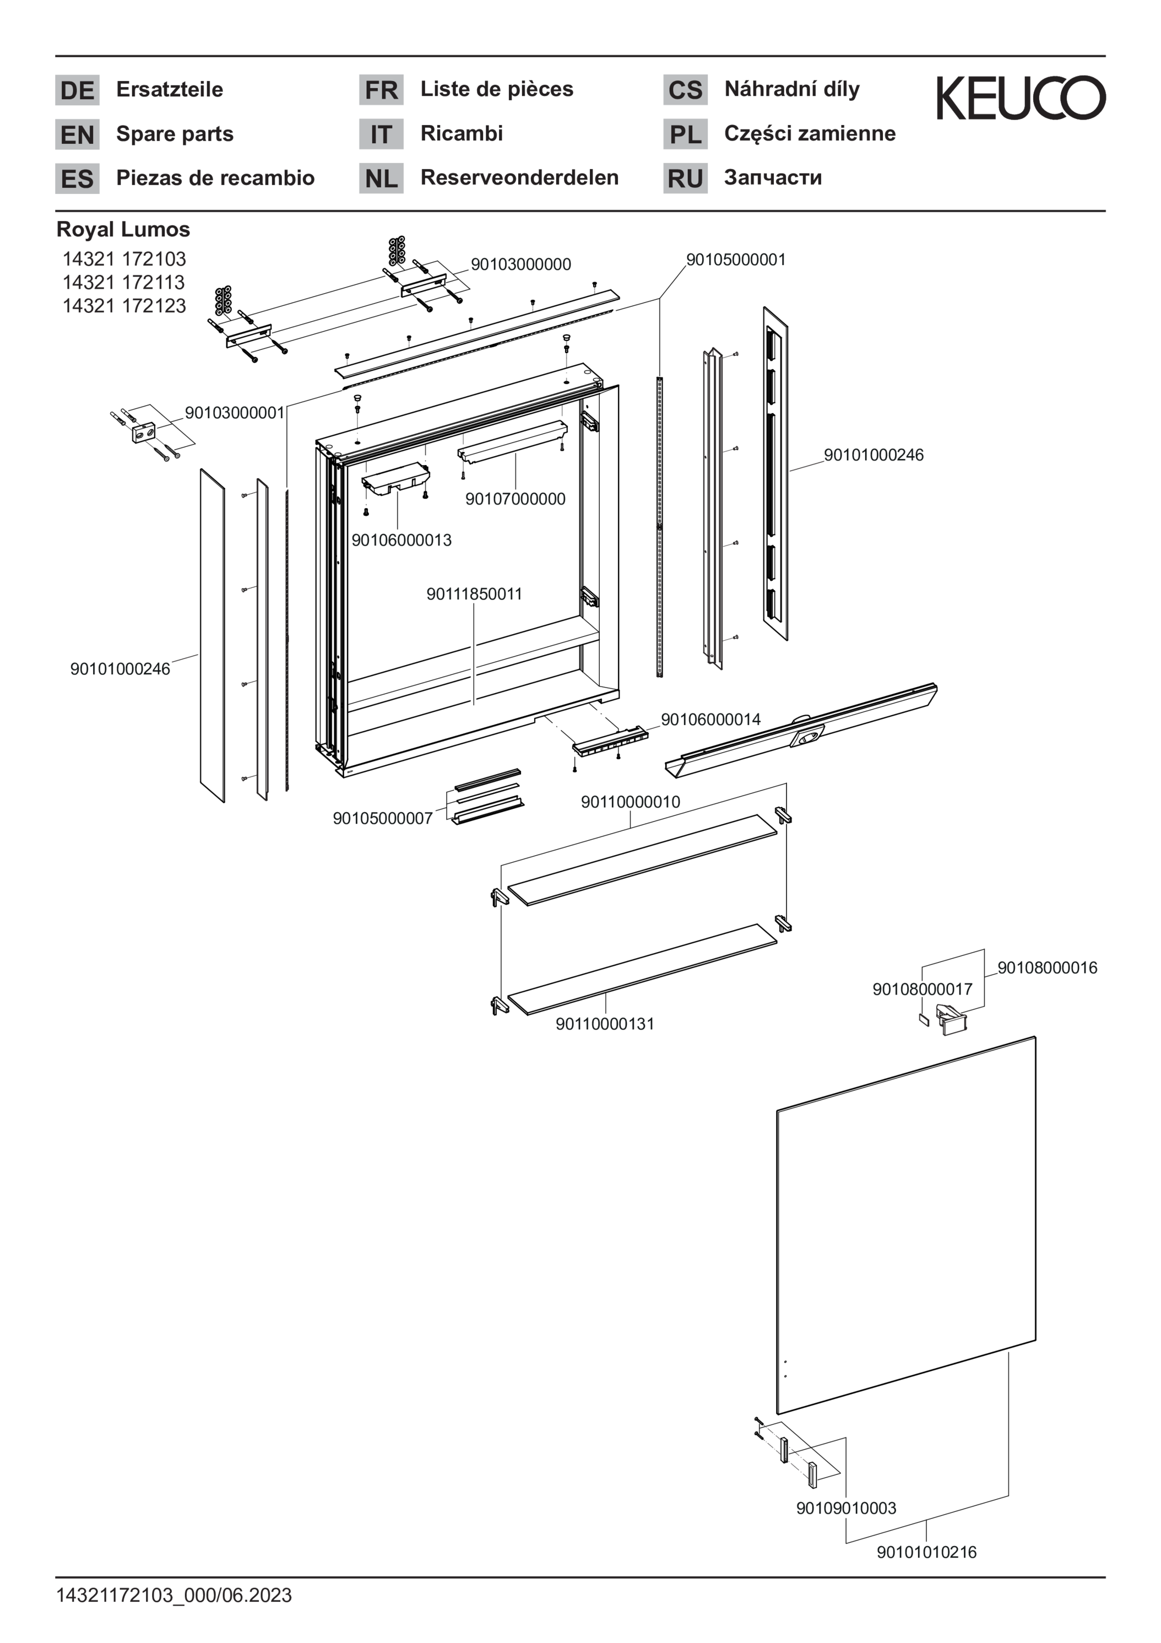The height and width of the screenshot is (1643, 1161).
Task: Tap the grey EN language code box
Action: (77, 134)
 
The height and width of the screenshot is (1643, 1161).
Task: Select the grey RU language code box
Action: (685, 178)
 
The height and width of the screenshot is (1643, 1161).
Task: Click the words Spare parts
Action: (175, 134)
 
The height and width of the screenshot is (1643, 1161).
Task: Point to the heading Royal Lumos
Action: (123, 230)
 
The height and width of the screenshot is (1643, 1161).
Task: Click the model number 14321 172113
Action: (124, 282)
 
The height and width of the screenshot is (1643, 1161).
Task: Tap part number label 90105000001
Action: (736, 260)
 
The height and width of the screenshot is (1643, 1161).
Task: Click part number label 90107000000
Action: (515, 499)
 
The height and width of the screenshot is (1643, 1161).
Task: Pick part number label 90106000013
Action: (402, 541)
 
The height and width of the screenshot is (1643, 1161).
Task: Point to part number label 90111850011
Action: (474, 594)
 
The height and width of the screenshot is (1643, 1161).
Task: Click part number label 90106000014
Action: (710, 719)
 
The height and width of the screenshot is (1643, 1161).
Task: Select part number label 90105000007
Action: (383, 818)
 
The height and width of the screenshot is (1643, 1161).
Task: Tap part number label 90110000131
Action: (605, 1024)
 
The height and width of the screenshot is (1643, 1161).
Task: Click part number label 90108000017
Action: (922, 989)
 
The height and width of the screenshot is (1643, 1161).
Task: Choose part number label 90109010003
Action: (847, 1508)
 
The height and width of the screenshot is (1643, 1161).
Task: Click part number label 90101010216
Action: (926, 1552)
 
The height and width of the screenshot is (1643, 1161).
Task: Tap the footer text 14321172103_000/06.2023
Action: (174, 1595)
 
